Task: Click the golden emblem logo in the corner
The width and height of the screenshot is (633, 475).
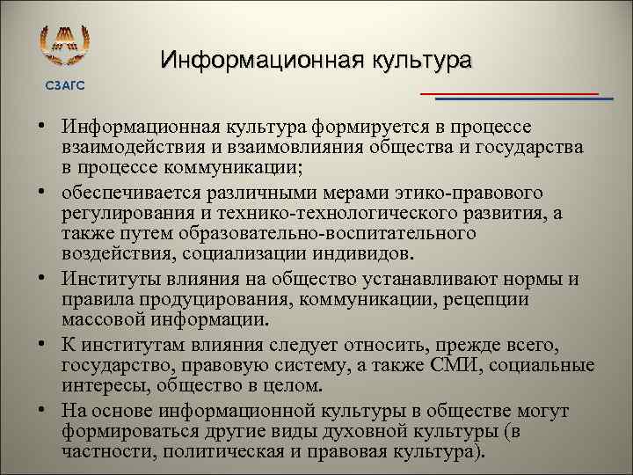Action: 65,49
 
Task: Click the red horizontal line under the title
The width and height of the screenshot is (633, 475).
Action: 509,92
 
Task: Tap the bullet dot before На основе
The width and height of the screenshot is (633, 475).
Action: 41,411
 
